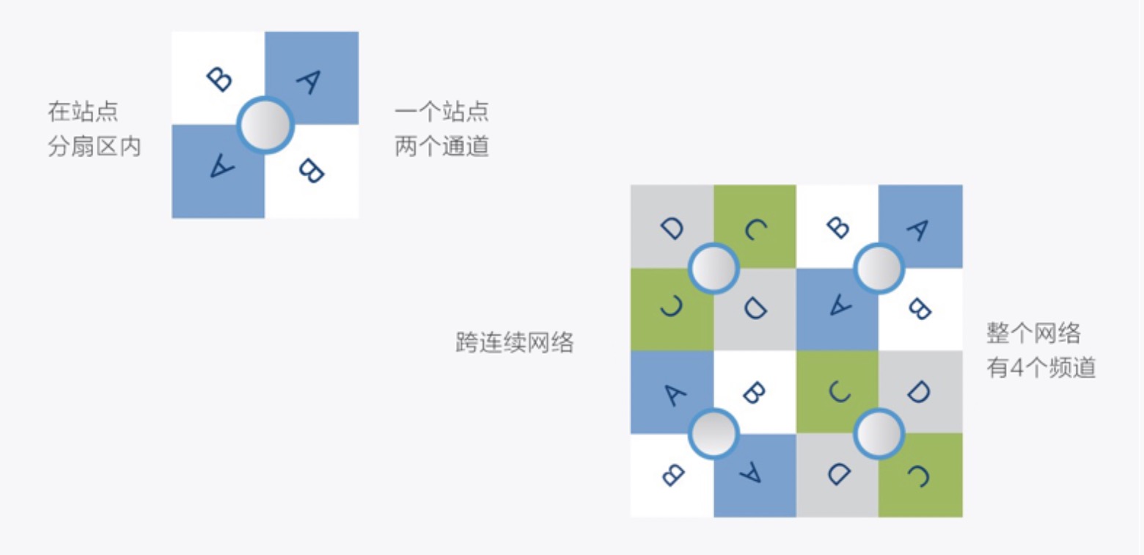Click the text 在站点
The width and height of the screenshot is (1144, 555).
(x=84, y=112)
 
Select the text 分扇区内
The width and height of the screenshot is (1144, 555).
(x=95, y=146)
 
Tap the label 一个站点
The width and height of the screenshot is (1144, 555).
(x=441, y=112)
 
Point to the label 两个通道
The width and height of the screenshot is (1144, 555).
(x=441, y=146)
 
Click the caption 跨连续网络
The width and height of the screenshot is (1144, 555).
(x=515, y=342)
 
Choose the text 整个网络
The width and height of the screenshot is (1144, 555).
(x=1034, y=333)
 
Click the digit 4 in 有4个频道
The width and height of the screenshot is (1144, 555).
(x=1017, y=368)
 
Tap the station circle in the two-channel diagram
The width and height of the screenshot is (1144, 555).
(x=265, y=126)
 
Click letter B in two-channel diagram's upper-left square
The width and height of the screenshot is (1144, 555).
(x=219, y=79)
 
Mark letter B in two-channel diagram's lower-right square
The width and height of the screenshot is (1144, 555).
(x=311, y=171)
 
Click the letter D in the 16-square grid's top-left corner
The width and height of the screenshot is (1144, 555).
(x=672, y=228)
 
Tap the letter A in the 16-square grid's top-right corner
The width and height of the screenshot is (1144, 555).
(x=919, y=230)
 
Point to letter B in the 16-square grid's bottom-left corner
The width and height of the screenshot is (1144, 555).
(x=673, y=475)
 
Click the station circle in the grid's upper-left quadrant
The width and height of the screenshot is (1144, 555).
(x=714, y=268)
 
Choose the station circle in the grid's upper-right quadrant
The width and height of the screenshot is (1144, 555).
(x=879, y=268)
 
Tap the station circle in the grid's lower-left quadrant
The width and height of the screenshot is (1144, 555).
(x=714, y=433)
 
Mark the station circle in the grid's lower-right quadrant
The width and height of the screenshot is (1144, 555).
(x=879, y=433)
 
